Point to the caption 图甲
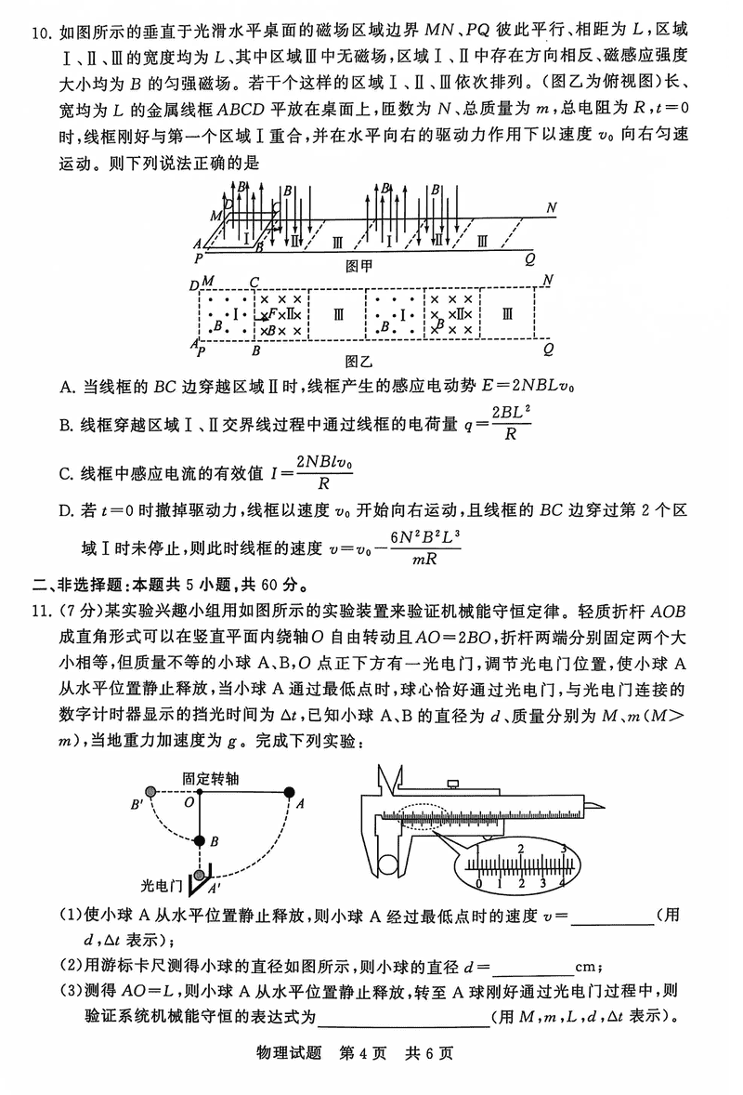(358, 265)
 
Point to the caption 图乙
(358, 359)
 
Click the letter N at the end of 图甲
(552, 207)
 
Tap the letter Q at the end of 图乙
(547, 349)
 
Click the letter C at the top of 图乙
(254, 282)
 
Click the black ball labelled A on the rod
(289, 793)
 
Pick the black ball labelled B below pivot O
(199, 841)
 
